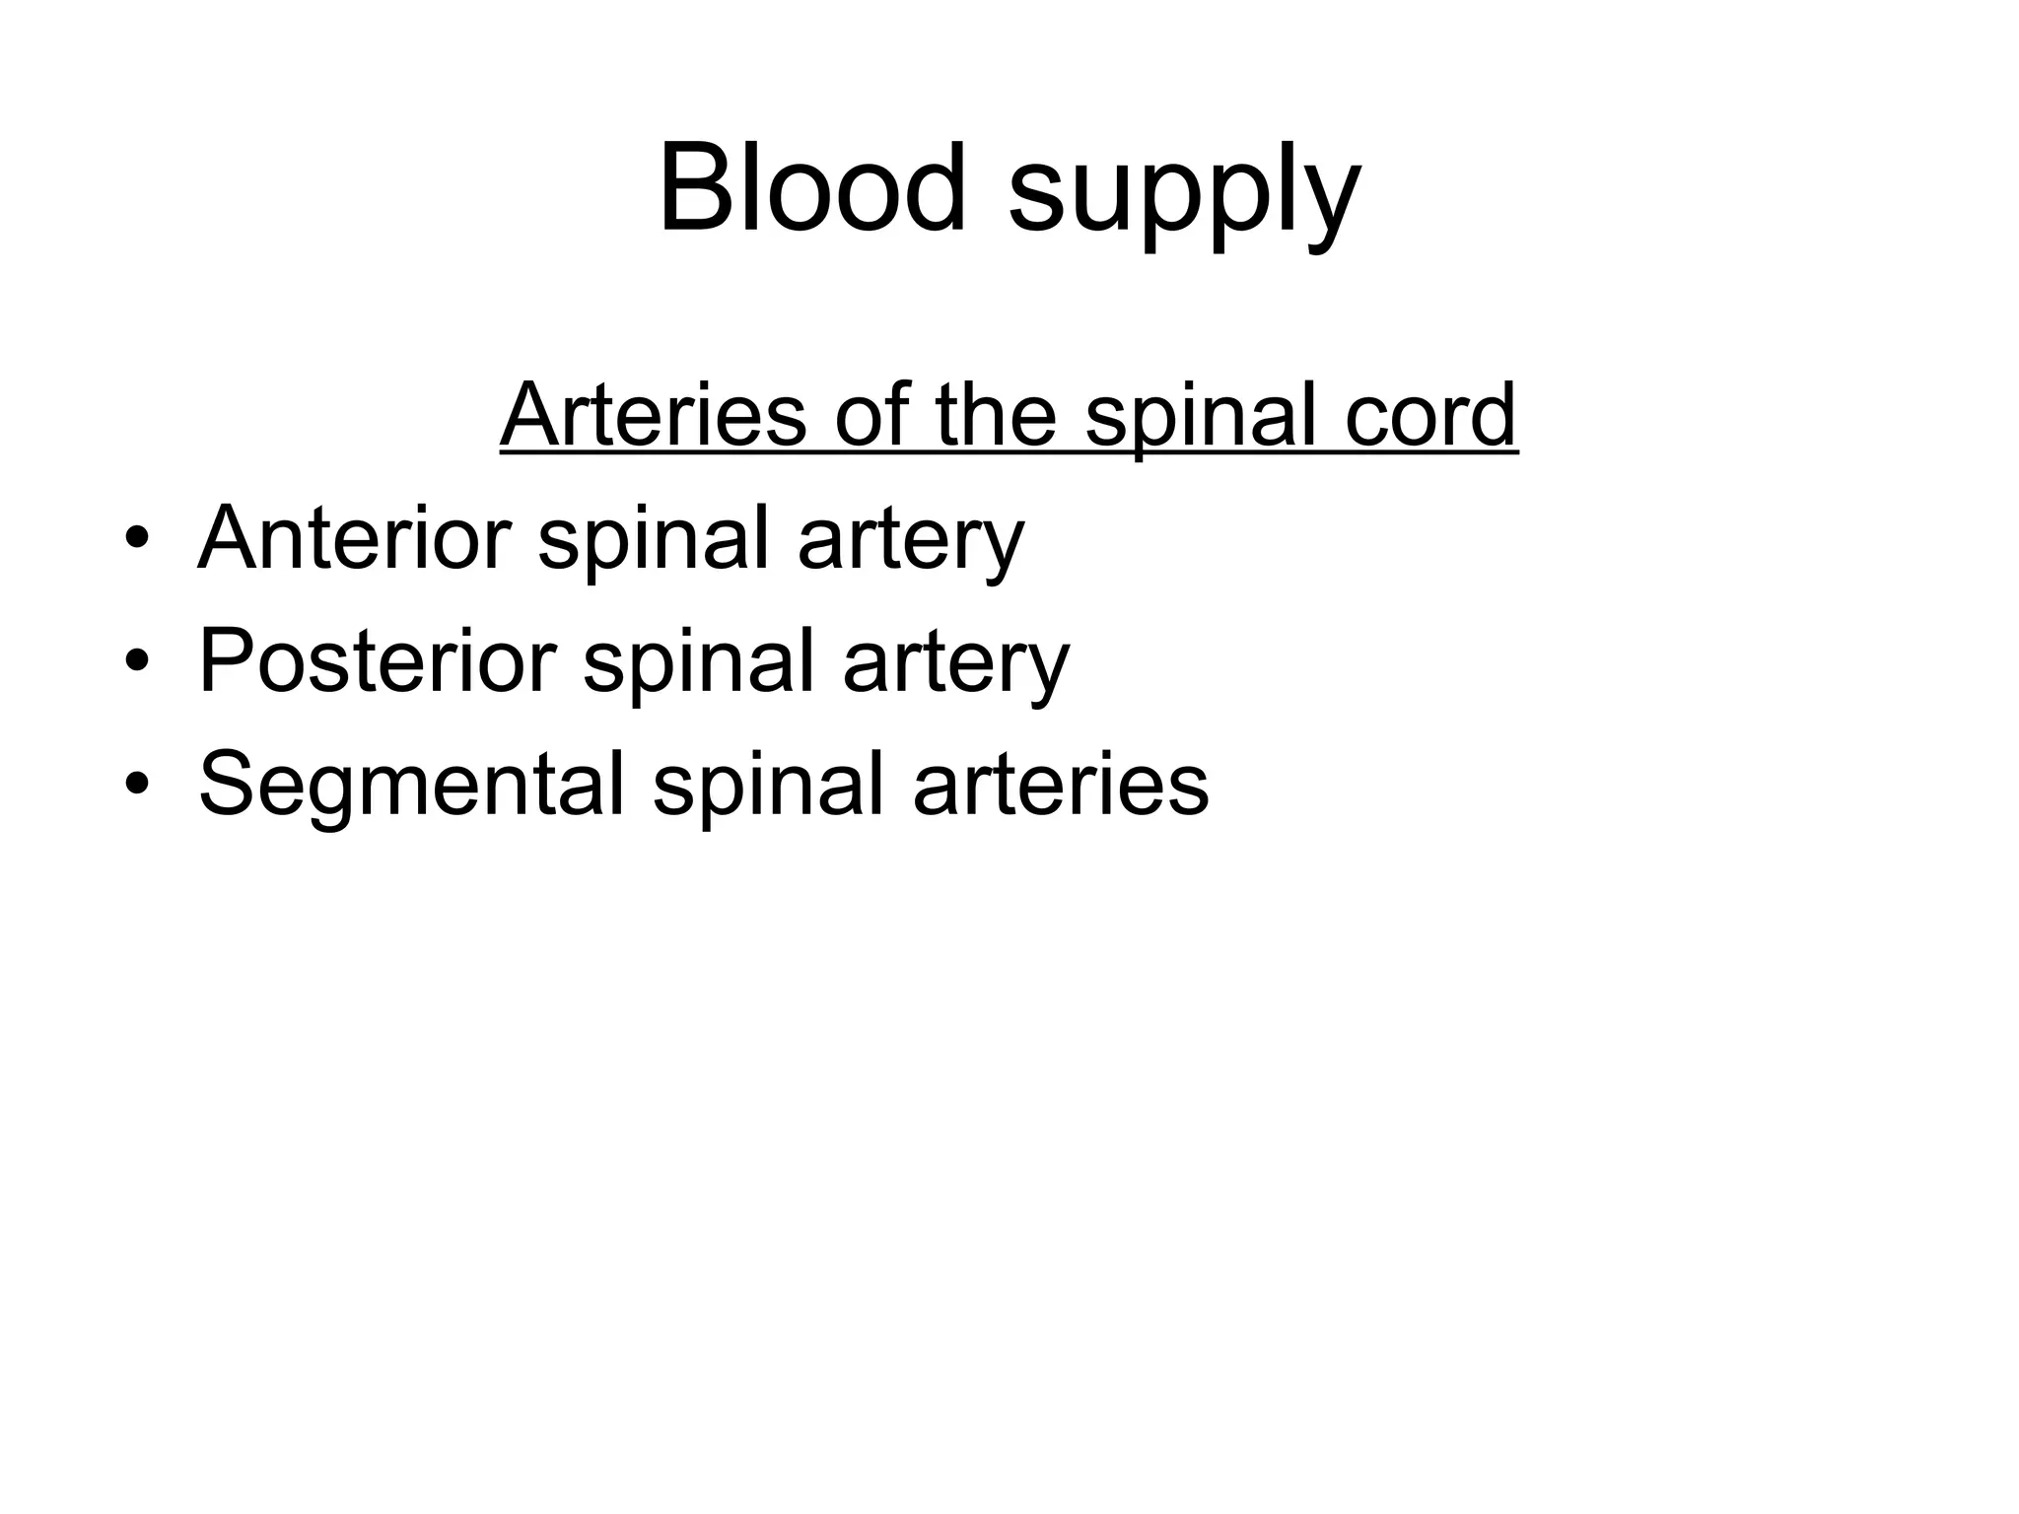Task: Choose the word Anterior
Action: pyautogui.click(x=354, y=538)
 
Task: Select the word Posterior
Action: pyautogui.click(x=377, y=661)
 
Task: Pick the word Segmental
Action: pyautogui.click(x=411, y=785)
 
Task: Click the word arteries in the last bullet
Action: pyautogui.click(x=1061, y=785)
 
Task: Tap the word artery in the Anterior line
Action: pyautogui.click(x=911, y=542)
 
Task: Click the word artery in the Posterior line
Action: pyautogui.click(x=955, y=665)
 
